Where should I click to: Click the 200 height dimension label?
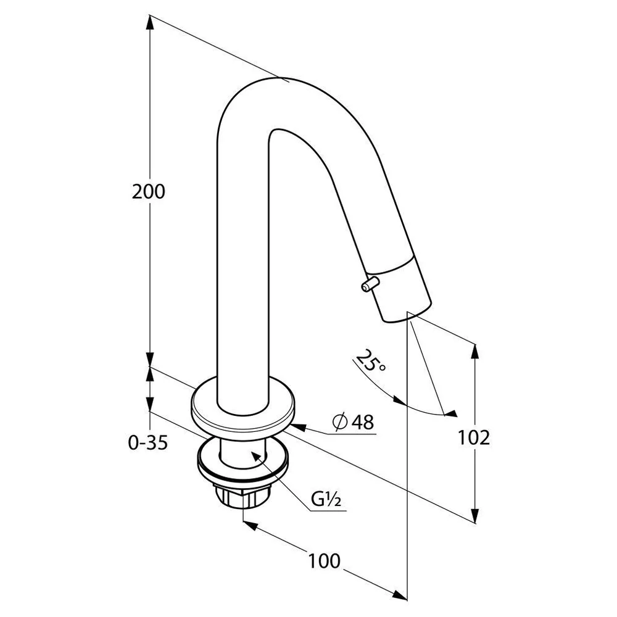point(148,192)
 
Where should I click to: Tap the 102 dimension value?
point(474,437)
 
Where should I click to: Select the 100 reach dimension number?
point(324,561)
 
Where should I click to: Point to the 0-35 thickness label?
point(148,442)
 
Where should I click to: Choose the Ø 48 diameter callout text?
point(353,422)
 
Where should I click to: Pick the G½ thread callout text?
point(326,499)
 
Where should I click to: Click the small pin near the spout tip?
point(370,284)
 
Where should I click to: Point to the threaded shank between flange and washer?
point(242,452)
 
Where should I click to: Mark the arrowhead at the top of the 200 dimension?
point(149,22)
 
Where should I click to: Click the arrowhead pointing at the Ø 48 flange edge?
point(297,426)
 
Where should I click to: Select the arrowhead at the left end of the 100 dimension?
point(251,525)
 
